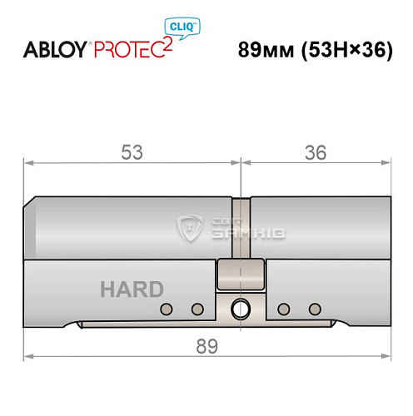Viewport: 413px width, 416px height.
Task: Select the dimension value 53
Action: click(x=132, y=152)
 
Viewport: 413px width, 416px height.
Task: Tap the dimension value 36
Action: click(x=315, y=152)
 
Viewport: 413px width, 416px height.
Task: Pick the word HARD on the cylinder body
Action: click(x=132, y=290)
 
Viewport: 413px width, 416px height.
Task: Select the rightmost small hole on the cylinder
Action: click(x=315, y=310)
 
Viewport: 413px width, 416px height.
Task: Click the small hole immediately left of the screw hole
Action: click(x=197, y=310)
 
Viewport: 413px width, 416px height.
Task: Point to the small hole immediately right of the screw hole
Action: click(x=284, y=310)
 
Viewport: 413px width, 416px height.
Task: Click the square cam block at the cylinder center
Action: click(x=241, y=271)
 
